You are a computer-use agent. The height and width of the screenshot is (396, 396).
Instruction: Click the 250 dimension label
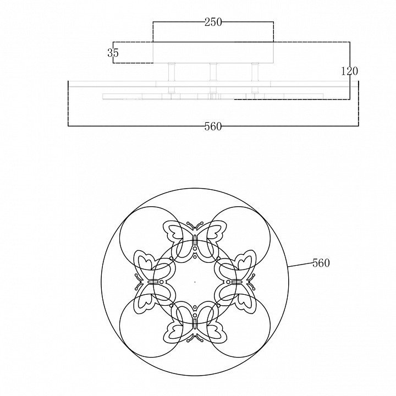[213, 22]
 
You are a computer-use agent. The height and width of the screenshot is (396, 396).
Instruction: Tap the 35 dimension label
[113, 53]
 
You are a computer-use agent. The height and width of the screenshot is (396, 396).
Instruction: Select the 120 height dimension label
[350, 71]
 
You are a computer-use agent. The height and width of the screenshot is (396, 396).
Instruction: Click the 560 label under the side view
[213, 127]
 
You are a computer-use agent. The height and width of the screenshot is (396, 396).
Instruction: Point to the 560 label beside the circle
[321, 263]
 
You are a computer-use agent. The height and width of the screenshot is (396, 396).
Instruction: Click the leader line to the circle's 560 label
[300, 265]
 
